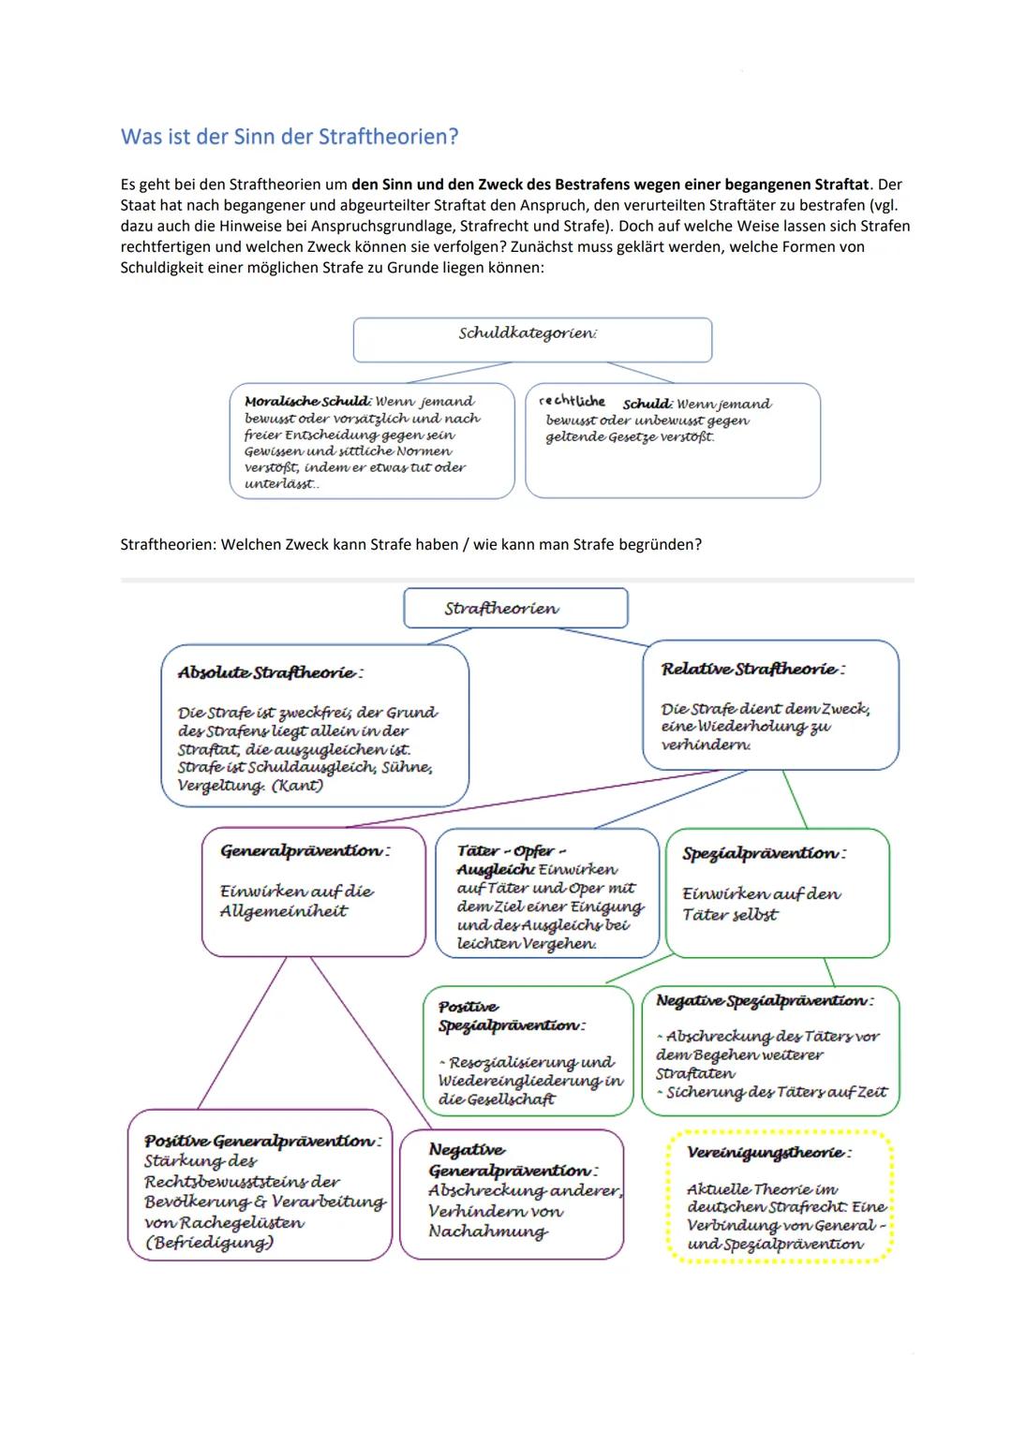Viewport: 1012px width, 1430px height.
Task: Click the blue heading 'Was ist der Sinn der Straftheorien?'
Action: coord(290,137)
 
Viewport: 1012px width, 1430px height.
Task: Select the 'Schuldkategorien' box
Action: coord(531,338)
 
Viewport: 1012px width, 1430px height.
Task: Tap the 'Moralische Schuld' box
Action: coord(371,440)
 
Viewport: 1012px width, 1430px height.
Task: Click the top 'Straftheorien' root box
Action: coord(514,609)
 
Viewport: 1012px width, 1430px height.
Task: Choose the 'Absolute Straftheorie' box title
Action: coord(270,672)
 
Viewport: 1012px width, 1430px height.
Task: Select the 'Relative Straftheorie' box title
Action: coord(752,669)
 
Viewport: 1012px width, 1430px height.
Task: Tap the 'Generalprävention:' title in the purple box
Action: coord(305,851)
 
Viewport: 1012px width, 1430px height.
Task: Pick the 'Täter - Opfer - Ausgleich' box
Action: coord(547,894)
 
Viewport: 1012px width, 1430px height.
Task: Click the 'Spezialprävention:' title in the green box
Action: coord(764,853)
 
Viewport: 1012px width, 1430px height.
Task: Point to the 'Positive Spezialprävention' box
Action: coord(528,1051)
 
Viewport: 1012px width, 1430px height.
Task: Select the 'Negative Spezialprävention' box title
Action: coord(764,1001)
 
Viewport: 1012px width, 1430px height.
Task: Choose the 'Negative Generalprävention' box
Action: coord(512,1194)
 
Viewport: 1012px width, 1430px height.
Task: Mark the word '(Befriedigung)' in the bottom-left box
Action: coord(209,1243)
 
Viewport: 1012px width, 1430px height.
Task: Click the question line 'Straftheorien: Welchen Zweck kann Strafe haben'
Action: coord(410,544)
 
